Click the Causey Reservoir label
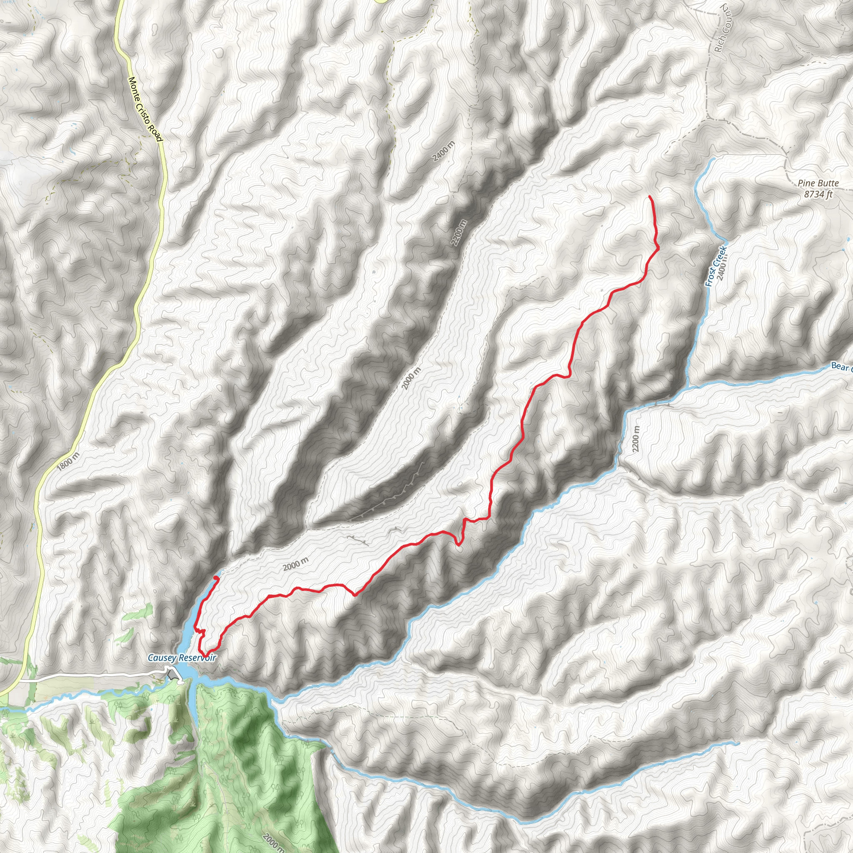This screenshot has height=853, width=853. pyautogui.click(x=182, y=658)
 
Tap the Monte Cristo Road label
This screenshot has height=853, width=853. pyautogui.click(x=145, y=110)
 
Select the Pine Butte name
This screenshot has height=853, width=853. pyautogui.click(x=818, y=183)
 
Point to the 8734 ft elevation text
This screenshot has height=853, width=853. pyautogui.click(x=818, y=194)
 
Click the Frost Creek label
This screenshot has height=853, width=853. pyautogui.click(x=715, y=266)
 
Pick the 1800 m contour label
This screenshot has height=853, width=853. pyautogui.click(x=68, y=461)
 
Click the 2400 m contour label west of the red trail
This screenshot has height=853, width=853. pyautogui.click(x=443, y=152)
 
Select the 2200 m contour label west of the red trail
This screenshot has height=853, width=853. pyautogui.click(x=459, y=233)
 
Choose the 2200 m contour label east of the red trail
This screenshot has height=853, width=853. pyautogui.click(x=635, y=439)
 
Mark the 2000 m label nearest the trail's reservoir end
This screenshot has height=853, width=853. pyautogui.click(x=295, y=564)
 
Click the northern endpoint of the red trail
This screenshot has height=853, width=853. pyautogui.click(x=649, y=196)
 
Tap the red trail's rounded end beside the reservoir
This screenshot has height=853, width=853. pyautogui.click(x=215, y=578)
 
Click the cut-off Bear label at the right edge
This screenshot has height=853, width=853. pyautogui.click(x=841, y=367)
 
